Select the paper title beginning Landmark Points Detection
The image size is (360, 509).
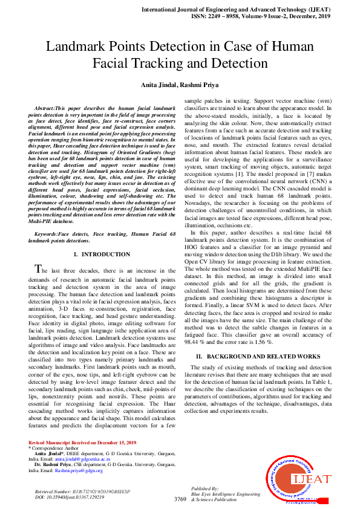180,54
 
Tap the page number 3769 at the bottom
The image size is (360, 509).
180,499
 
